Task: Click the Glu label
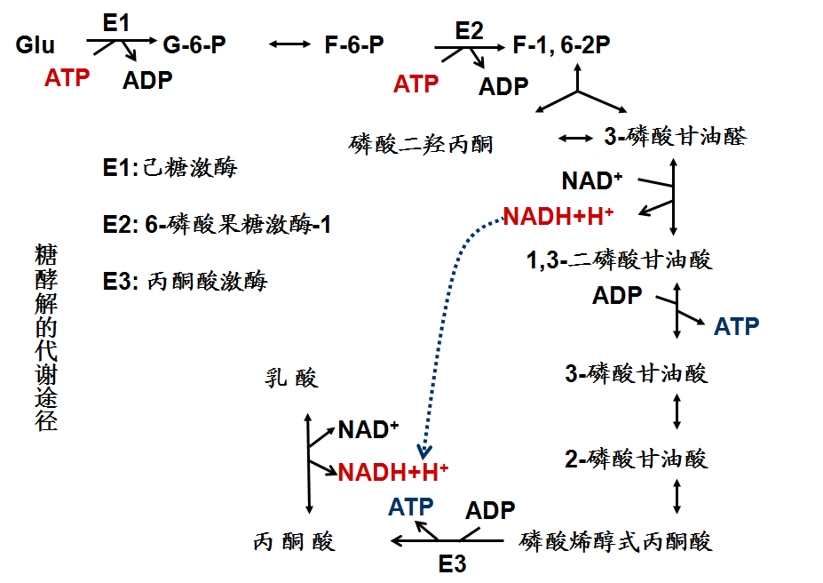pyautogui.click(x=36, y=44)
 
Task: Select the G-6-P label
pyautogui.click(x=194, y=44)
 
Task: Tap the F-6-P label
pyautogui.click(x=354, y=44)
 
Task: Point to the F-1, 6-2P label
pyautogui.click(x=562, y=44)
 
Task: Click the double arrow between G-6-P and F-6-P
pyautogui.click(x=288, y=44)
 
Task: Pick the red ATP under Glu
pyautogui.click(x=67, y=78)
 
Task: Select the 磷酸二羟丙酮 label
pyautogui.click(x=422, y=143)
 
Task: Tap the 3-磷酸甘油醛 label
pyautogui.click(x=675, y=137)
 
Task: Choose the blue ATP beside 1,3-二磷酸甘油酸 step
pyautogui.click(x=737, y=326)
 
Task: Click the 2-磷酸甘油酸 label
pyautogui.click(x=636, y=459)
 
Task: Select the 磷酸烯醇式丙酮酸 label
pyautogui.click(x=616, y=540)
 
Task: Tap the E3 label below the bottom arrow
pyautogui.click(x=452, y=563)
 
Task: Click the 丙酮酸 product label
pyautogui.click(x=295, y=541)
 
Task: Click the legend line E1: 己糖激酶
pyautogui.click(x=170, y=167)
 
